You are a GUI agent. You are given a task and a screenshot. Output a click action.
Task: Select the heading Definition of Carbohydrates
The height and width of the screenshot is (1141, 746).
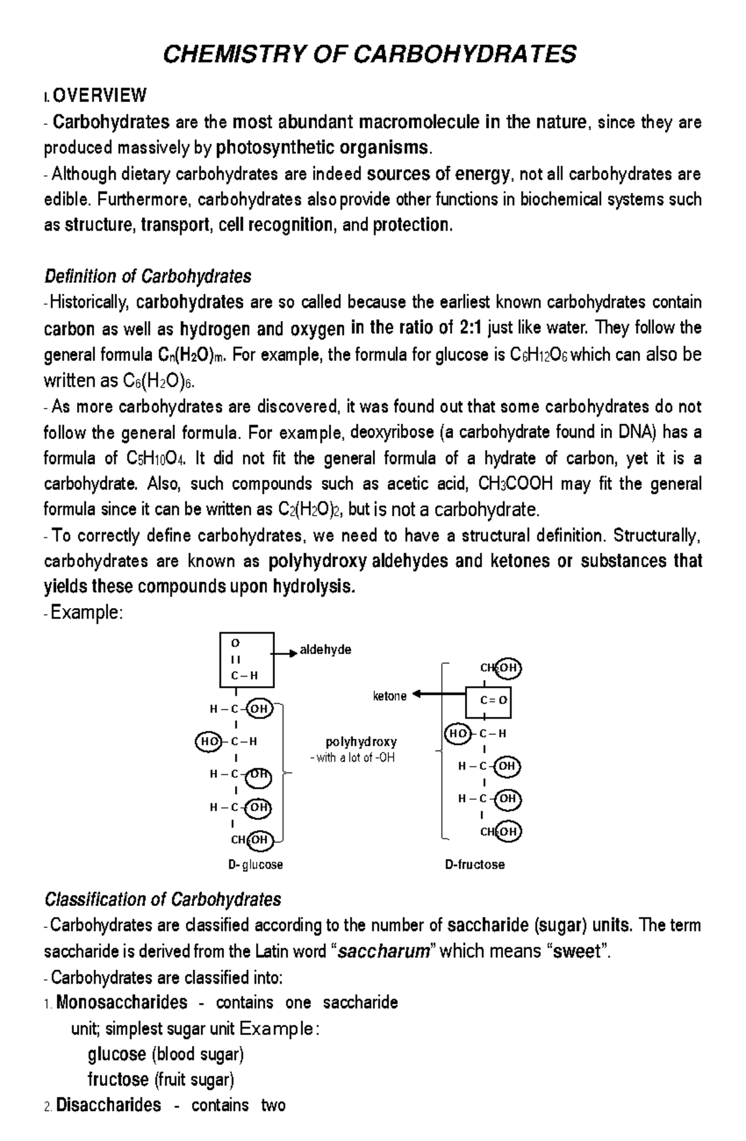pyautogui.click(x=147, y=275)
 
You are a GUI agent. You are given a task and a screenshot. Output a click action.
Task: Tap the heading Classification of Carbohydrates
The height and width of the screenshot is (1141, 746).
pyautogui.click(x=162, y=899)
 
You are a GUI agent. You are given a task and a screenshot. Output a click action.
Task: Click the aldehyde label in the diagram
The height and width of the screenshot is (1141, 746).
pyautogui.click(x=325, y=650)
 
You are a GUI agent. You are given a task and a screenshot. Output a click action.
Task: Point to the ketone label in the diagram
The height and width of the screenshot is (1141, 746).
pyautogui.click(x=390, y=696)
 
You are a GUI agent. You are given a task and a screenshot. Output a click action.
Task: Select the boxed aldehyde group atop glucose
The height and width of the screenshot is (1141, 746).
pyautogui.click(x=246, y=659)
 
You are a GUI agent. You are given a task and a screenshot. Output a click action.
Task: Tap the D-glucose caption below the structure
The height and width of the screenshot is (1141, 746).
pyautogui.click(x=255, y=864)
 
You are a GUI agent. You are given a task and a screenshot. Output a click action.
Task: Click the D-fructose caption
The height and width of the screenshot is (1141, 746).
pyautogui.click(x=474, y=864)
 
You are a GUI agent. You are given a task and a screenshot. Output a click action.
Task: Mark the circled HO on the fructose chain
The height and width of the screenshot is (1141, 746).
pyautogui.click(x=458, y=734)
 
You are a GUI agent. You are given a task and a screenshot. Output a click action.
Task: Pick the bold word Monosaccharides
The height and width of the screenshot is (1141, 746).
pyautogui.click(x=121, y=1002)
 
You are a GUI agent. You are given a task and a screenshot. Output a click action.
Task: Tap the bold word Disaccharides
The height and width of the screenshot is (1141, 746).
pyautogui.click(x=108, y=1104)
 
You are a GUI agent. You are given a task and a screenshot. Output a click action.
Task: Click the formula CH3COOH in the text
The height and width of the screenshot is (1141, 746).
pyautogui.click(x=515, y=484)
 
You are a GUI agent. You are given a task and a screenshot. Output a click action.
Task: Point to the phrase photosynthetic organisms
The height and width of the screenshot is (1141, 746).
pyautogui.click(x=321, y=148)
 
